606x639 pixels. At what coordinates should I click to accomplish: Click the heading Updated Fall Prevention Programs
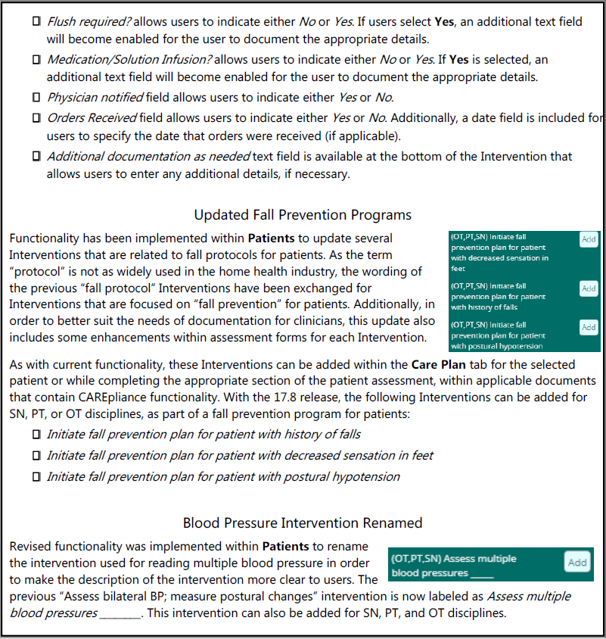pyautogui.click(x=303, y=215)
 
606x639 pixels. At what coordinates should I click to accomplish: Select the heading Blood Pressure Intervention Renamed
pyautogui.click(x=303, y=523)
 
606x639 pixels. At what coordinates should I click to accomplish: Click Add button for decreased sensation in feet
pyautogui.click(x=588, y=239)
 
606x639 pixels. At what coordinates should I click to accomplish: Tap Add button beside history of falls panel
pyautogui.click(x=588, y=288)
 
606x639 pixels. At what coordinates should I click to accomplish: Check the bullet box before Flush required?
pyautogui.click(x=36, y=22)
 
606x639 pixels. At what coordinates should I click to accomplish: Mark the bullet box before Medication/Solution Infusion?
pyautogui.click(x=36, y=59)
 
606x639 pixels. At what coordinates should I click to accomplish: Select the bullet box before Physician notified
pyautogui.click(x=36, y=97)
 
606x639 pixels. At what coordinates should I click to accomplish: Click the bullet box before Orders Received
pyautogui.click(x=36, y=118)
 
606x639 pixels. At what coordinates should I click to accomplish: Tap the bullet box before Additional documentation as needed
pyautogui.click(x=36, y=157)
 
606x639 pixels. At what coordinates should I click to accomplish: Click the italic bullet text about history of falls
pyautogui.click(x=204, y=435)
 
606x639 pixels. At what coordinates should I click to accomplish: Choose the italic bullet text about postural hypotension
pyautogui.click(x=223, y=477)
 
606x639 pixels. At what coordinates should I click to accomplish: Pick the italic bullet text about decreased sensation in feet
pyautogui.click(x=240, y=456)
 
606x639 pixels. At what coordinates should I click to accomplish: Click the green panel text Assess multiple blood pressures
pyautogui.click(x=453, y=566)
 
